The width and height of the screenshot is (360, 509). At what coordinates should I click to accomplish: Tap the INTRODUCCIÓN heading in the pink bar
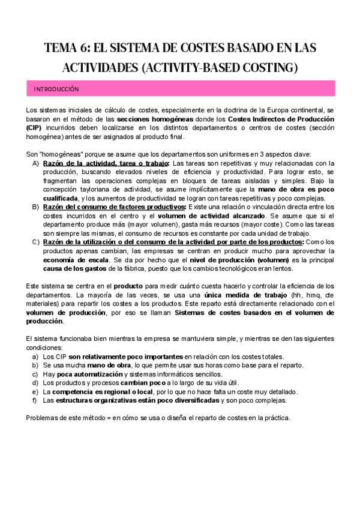point(57,88)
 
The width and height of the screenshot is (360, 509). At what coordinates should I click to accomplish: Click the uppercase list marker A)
point(36,163)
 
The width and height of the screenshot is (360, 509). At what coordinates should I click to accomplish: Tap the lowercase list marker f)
point(36,400)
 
